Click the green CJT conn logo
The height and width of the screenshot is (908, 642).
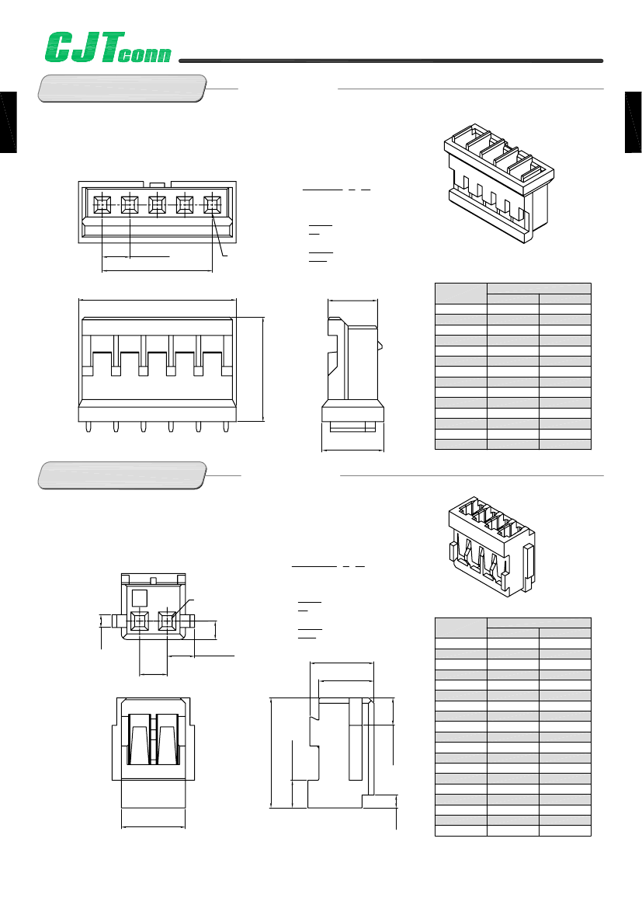pyautogui.click(x=108, y=47)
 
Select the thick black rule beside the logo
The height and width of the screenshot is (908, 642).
pyautogui.click(x=390, y=61)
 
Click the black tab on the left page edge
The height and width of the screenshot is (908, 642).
pyautogui.click(x=8, y=122)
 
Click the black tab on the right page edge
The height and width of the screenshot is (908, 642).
pyautogui.click(x=633, y=122)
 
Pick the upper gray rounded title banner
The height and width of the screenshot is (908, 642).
pyautogui.click(x=122, y=89)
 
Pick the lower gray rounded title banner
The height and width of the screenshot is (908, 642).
pyautogui.click(x=122, y=475)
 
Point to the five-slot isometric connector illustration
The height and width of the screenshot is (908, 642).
pyautogui.click(x=499, y=183)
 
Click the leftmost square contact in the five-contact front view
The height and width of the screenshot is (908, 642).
pyautogui.click(x=102, y=204)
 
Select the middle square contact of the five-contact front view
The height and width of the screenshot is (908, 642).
pyautogui.click(x=158, y=204)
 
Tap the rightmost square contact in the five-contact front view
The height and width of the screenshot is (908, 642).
pyautogui.click(x=213, y=204)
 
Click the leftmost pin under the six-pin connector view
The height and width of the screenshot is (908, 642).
pyautogui.click(x=88, y=426)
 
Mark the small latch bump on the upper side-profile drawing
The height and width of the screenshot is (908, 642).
pyautogui.click(x=380, y=346)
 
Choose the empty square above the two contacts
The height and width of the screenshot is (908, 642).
pyautogui.click(x=140, y=597)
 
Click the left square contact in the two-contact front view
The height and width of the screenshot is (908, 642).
pyautogui.click(x=140, y=621)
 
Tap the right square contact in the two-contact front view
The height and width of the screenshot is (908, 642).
pyautogui.click(x=168, y=621)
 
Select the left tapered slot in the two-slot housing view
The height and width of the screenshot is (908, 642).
pyautogui.click(x=139, y=739)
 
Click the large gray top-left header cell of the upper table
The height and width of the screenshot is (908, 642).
pyautogui.click(x=461, y=294)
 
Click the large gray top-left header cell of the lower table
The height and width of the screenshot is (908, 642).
pyautogui.click(x=461, y=628)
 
